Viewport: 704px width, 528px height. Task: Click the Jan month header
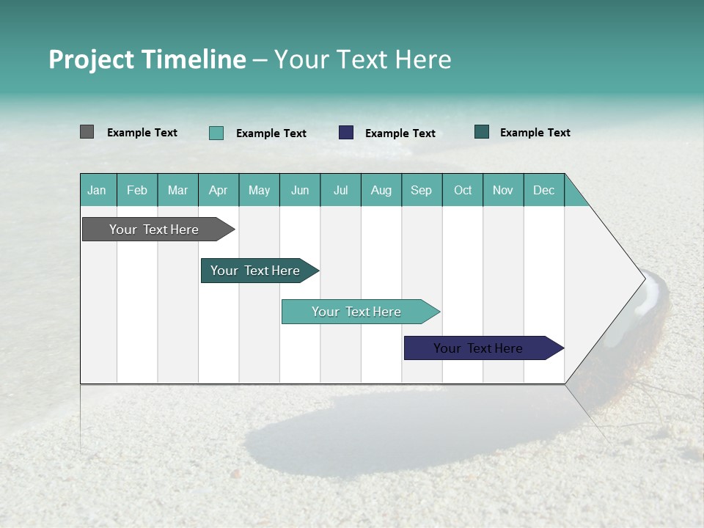[x=97, y=190]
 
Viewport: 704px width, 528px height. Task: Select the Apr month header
[x=218, y=190]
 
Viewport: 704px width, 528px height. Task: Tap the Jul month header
[x=340, y=190]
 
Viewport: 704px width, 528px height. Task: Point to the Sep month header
[x=421, y=190]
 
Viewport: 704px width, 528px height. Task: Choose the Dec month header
[x=543, y=190]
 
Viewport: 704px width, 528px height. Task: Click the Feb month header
[x=137, y=190]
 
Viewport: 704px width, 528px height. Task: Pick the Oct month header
[x=463, y=190]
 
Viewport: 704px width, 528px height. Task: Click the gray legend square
[x=87, y=132]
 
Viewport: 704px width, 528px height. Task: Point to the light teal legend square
[x=216, y=133]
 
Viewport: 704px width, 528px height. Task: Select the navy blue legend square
[x=346, y=133]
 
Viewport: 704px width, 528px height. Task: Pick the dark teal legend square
[x=482, y=132]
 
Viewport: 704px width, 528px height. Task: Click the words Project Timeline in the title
[x=147, y=59]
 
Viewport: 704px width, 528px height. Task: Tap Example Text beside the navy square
[x=400, y=133]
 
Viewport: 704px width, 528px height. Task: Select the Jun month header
[x=300, y=190]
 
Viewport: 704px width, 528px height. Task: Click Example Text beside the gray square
[x=142, y=133]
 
